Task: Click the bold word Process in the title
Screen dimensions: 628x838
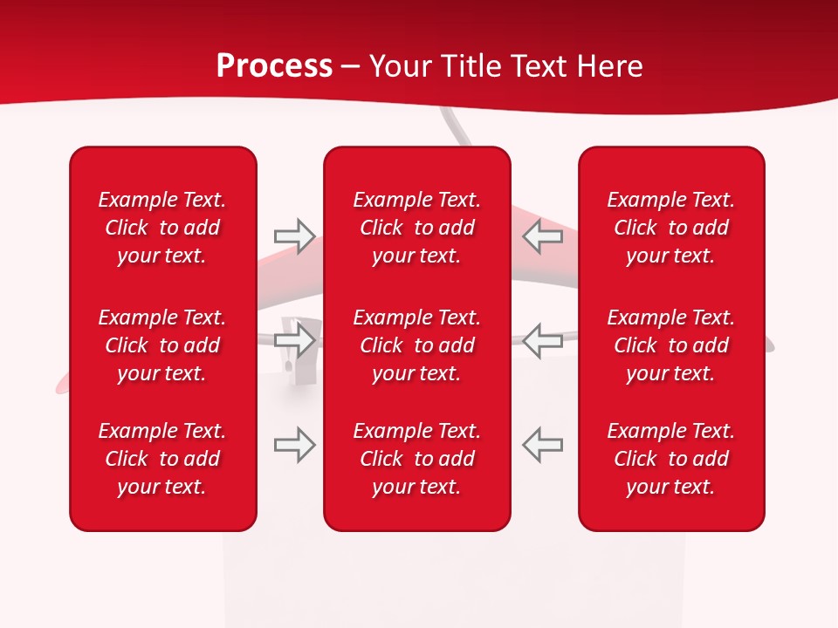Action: point(274,66)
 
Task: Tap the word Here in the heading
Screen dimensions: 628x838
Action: point(609,66)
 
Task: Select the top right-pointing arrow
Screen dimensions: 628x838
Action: point(295,235)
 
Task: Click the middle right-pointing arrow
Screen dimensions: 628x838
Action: point(295,339)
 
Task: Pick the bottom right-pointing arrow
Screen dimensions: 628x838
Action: point(295,444)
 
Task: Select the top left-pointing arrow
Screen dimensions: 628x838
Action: point(543,235)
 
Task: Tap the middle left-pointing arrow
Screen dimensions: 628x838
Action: point(543,339)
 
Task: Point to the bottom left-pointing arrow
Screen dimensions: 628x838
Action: point(543,444)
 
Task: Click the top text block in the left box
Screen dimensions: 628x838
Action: point(162,228)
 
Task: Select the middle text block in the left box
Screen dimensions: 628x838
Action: point(162,345)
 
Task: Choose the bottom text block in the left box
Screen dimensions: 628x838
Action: point(162,459)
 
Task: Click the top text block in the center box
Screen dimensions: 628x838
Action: point(417,228)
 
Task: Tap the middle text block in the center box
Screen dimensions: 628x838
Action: point(417,345)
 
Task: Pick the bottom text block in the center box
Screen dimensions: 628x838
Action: point(417,459)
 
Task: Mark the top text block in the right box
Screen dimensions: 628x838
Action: point(671,228)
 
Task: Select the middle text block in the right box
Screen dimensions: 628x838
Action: point(671,345)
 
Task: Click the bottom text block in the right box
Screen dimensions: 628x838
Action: point(671,459)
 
